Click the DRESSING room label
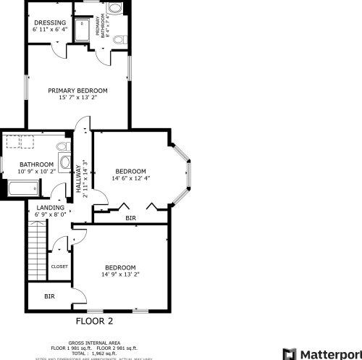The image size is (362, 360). point(50,22)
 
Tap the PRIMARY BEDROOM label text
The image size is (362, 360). point(78,91)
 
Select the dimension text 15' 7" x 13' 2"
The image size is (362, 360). point(78,98)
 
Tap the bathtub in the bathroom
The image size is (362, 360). point(22,191)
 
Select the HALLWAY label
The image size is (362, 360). point(78,179)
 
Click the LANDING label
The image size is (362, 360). point(50,207)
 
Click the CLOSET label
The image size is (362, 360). point(59,267)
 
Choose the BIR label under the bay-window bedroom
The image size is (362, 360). point(130,218)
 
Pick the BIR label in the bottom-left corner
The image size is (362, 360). point(49,296)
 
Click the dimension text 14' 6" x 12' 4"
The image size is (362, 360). point(131,178)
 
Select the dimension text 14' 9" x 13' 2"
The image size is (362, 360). point(120,274)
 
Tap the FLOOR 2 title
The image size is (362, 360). point(95,319)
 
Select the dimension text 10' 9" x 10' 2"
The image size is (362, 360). point(37,172)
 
